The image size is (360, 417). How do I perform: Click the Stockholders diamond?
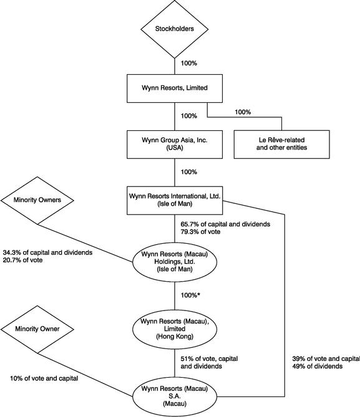coord(175,29)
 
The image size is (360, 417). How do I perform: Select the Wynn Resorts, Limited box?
coord(175,89)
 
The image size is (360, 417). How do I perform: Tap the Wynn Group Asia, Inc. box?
coord(175,145)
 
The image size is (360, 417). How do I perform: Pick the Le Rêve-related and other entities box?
coord(282,145)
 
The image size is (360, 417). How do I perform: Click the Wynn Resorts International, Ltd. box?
coord(175,200)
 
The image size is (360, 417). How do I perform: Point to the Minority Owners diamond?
coord(37,200)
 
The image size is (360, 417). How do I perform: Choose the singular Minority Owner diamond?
coord(37,329)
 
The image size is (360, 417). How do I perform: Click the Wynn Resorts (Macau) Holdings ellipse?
coord(175,262)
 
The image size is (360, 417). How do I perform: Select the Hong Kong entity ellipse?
coord(175,329)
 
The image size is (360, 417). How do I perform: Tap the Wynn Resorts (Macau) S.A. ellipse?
coord(175,396)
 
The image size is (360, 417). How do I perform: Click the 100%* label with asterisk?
coord(190,295)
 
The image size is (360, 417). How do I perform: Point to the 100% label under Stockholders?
coord(189,64)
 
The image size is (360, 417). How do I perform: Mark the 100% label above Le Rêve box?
coord(243,112)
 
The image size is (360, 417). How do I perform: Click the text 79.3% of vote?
coord(200,232)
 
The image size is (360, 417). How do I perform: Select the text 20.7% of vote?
coord(22,260)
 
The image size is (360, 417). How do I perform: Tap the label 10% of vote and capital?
coord(44,378)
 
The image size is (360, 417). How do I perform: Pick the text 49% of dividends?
coord(318,367)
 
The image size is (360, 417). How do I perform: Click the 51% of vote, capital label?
coord(209,359)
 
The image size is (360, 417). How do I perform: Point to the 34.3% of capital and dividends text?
coord(47,252)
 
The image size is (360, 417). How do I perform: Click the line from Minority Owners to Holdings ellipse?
coord(85,243)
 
